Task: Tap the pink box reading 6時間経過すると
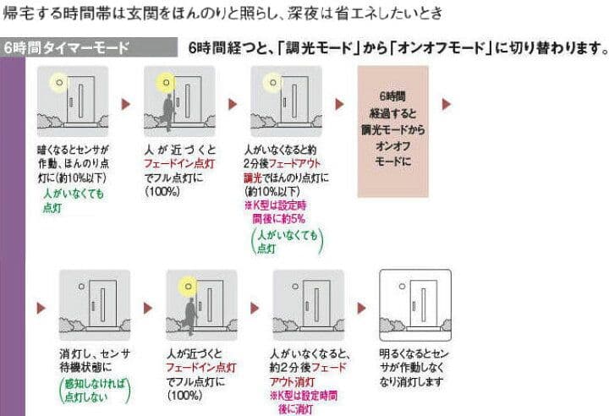pyautogui.click(x=392, y=132)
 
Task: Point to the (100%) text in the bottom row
pyautogui.click(x=185, y=394)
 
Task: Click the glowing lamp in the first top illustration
pyautogui.click(x=58, y=83)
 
